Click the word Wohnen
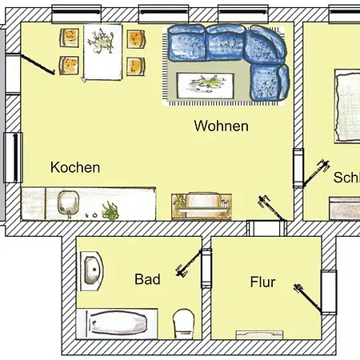click(221, 126)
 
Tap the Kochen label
click(75, 168)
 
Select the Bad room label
click(147, 279)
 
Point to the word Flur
click(262, 282)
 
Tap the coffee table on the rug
click(203, 82)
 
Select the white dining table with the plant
click(101, 51)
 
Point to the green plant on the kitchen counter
click(111, 211)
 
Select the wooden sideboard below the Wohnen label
click(201, 206)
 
